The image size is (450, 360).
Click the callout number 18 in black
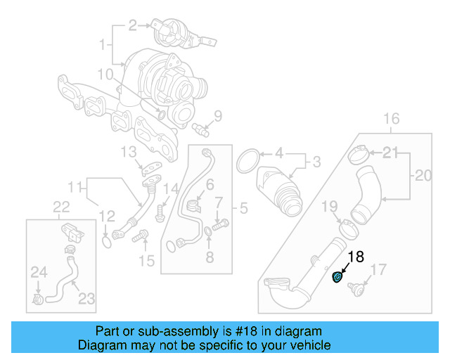pos(356,257)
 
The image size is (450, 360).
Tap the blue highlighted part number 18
pos(337,278)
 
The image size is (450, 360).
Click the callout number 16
pos(391,117)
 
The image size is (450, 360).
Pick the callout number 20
pos(423,175)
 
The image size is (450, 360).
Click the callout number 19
pos(330,206)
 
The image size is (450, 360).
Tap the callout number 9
pos(217,116)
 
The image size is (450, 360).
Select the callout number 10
pos(105,74)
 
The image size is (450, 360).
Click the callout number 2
pos(132,26)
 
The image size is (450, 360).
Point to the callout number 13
pos(127,151)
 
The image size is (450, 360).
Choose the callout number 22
pos(62,206)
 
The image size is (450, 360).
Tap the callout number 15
pos(146,262)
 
